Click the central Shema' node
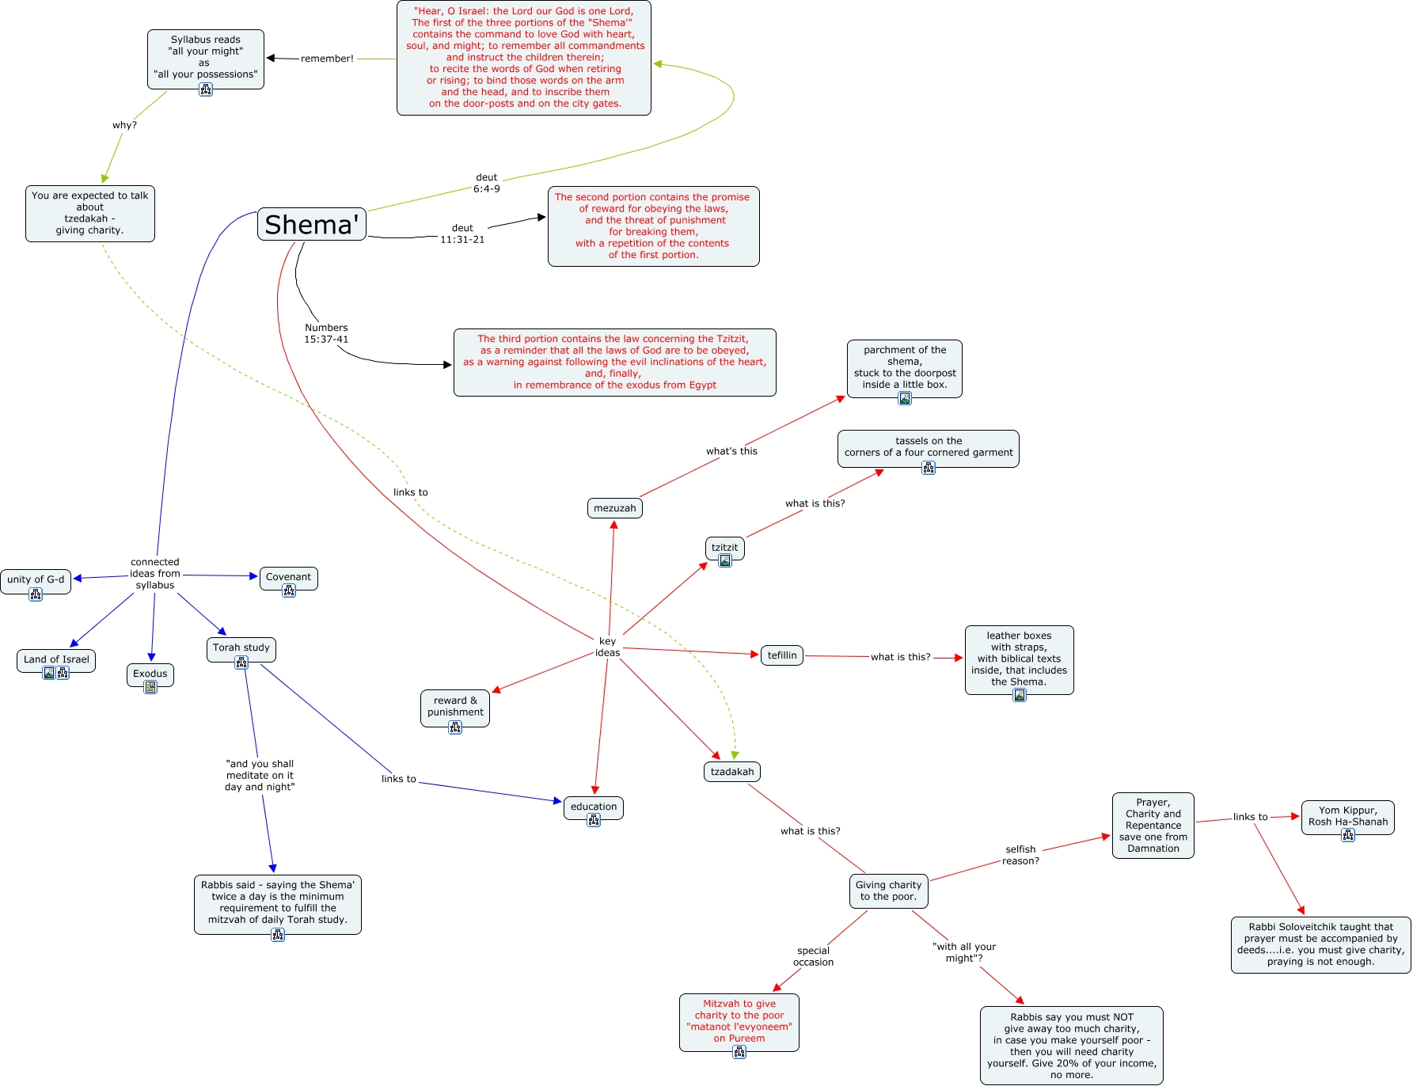click(x=312, y=225)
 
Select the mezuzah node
click(x=615, y=508)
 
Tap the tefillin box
click(x=782, y=655)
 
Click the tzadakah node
click(x=732, y=772)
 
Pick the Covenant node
click(x=289, y=578)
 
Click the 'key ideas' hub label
click(x=608, y=647)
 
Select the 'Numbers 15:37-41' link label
click(x=326, y=333)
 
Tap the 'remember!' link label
click(x=327, y=59)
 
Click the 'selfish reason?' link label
click(x=1021, y=855)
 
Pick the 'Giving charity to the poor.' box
click(x=888, y=891)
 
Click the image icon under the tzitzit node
click(x=725, y=560)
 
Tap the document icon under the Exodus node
click(x=150, y=687)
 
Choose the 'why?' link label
click(x=124, y=125)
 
